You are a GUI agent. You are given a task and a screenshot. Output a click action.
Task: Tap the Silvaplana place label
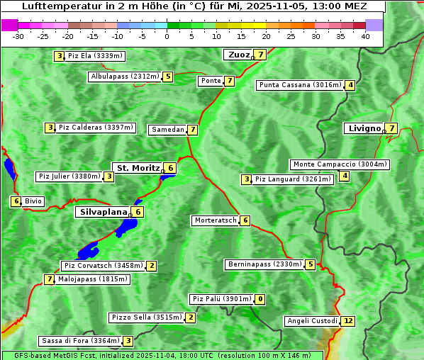[x=103, y=211]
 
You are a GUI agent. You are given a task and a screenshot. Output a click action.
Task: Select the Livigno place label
[x=363, y=128]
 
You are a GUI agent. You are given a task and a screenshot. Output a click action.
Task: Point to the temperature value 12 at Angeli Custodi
[x=347, y=321]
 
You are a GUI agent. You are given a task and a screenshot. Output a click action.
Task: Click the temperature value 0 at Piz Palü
[x=260, y=299]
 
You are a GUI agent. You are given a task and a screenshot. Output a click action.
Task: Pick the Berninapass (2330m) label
[x=264, y=264]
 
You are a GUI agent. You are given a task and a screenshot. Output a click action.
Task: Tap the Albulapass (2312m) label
[x=124, y=77]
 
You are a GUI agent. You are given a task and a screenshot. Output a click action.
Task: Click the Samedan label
[x=167, y=130]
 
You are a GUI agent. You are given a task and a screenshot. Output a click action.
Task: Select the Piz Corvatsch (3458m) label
[x=102, y=266]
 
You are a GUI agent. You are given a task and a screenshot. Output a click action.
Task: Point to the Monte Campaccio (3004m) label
[x=340, y=164]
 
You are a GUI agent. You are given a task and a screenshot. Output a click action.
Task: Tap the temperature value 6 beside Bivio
[x=16, y=201]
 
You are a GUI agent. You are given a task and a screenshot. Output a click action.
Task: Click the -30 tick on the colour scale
[x=18, y=36]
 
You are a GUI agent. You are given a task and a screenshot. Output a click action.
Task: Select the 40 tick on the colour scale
[x=365, y=36]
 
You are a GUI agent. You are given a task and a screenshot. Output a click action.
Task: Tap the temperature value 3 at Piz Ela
[x=60, y=56]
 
